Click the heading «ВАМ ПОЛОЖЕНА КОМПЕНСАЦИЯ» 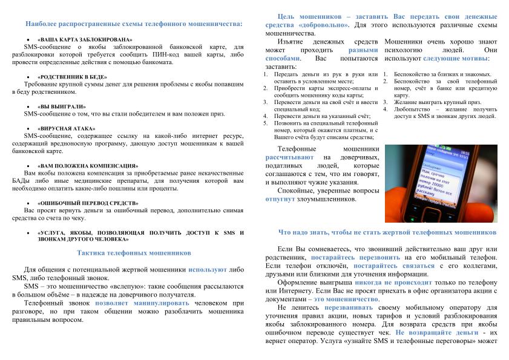point(88,165)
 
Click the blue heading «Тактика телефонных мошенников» point(134,252)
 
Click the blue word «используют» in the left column point(208,269)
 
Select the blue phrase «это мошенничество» point(346,299)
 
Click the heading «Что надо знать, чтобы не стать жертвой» point(387,232)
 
